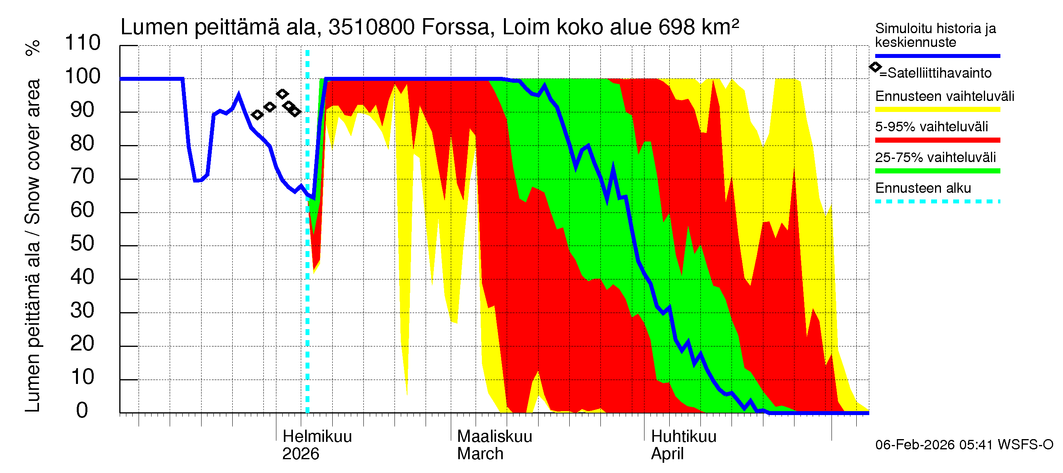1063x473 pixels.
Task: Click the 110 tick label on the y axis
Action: click(83, 43)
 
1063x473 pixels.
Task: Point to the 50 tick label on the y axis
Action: click(83, 243)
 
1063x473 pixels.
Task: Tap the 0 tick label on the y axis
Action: click(82, 410)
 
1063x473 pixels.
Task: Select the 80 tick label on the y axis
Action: click(83, 143)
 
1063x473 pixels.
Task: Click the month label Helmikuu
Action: click(317, 436)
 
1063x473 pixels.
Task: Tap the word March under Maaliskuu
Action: click(480, 454)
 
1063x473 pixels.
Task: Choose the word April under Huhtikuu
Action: click(667, 454)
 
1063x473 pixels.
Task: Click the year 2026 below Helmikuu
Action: click(300, 454)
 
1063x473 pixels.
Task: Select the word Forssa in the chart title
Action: click(455, 27)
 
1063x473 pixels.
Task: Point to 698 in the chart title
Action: click(676, 27)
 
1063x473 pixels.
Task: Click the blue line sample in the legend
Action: click(937, 56)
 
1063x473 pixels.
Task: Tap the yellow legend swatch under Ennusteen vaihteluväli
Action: click(937, 110)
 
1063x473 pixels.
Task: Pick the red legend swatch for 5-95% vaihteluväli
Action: click(937, 140)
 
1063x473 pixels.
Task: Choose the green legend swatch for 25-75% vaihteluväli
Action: click(937, 171)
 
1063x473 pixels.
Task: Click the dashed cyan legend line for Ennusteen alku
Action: click(937, 201)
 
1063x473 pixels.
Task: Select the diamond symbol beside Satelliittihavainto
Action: click(875, 67)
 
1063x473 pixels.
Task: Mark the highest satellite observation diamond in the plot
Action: click(282, 94)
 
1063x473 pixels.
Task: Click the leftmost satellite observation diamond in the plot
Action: click(257, 114)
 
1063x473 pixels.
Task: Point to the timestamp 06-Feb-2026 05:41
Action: click(934, 445)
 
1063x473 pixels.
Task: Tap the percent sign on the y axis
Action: click(33, 48)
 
